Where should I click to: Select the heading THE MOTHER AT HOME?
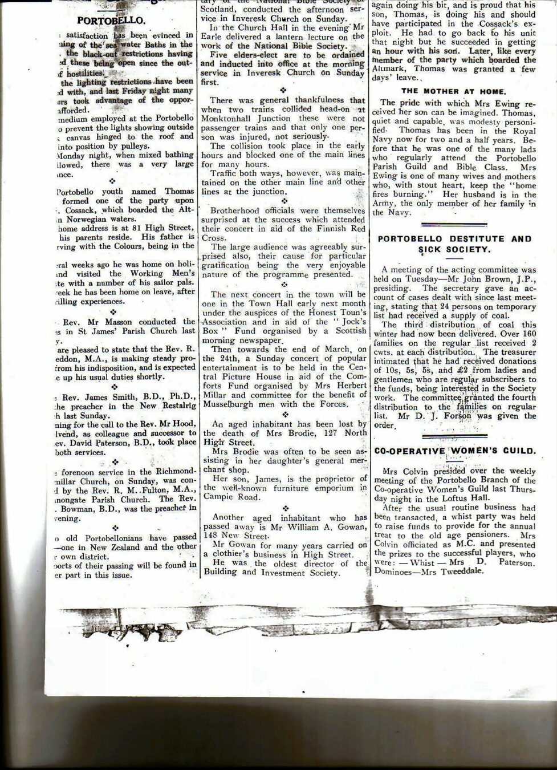click(x=453, y=91)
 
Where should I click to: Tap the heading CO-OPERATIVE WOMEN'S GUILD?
click(x=455, y=451)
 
